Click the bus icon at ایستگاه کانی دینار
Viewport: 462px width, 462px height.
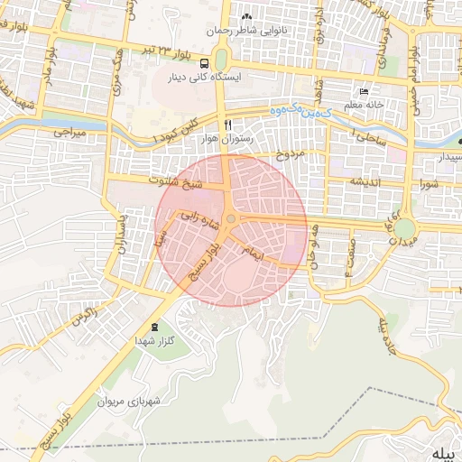(207, 63)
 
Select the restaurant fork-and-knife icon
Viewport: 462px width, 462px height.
(227, 124)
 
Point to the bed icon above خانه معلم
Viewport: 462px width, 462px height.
(364, 91)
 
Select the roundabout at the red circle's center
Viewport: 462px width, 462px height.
(232, 219)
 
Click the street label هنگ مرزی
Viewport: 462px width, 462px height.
(115, 84)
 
